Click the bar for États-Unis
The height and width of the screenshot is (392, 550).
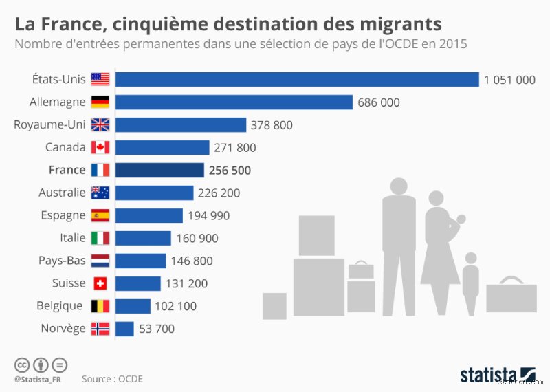click(296, 80)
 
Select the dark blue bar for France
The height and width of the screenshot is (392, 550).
click(159, 170)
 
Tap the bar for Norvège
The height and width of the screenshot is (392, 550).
click(124, 329)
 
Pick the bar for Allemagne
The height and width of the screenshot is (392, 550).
click(234, 102)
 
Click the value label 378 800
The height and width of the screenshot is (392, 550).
click(272, 125)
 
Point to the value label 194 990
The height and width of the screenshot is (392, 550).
click(209, 216)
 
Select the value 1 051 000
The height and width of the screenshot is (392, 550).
click(509, 80)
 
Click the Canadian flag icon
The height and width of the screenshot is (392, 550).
click(100, 147)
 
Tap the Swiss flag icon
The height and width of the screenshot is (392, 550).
click(100, 283)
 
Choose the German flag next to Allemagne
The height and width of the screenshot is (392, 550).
click(100, 102)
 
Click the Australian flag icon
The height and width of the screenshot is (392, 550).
click(100, 193)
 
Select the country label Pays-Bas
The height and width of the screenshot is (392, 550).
click(62, 261)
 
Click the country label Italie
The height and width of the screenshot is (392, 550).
click(72, 238)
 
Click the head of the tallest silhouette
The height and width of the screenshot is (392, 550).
click(399, 186)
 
